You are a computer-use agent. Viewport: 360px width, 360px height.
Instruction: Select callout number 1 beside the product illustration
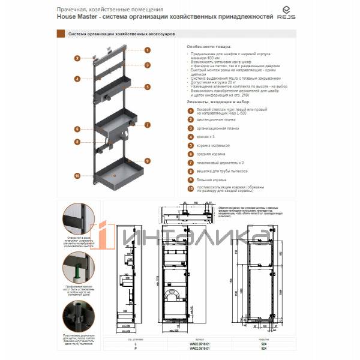pos(147,50)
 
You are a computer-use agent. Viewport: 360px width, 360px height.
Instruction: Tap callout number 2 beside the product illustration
pos(77,58)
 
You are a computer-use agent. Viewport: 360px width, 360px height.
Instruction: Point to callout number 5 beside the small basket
pos(147,87)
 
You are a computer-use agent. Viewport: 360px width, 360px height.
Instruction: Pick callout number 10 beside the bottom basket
pos(77,175)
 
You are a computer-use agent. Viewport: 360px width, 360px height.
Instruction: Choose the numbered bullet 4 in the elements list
pos(190,136)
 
